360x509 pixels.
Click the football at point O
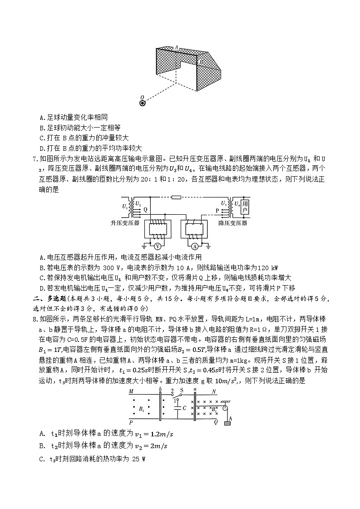(x=143, y=103)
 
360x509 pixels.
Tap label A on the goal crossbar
(x=176, y=46)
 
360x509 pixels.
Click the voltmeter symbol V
(x=157, y=247)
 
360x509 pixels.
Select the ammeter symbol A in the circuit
(x=194, y=247)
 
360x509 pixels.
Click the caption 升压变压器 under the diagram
(x=125, y=223)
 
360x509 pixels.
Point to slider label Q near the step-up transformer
(x=145, y=210)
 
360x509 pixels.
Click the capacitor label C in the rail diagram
(x=184, y=408)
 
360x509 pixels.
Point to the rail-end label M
(x=131, y=391)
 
